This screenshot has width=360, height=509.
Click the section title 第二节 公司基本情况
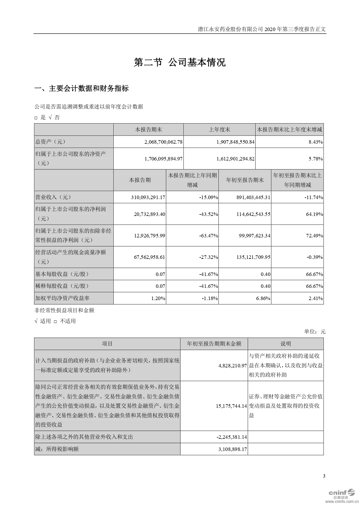click(180, 63)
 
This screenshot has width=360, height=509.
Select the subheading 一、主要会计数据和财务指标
click(82, 89)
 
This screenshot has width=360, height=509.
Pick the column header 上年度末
click(219, 130)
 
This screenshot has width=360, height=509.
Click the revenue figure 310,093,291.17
click(148, 197)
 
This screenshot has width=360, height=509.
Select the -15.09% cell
click(209, 197)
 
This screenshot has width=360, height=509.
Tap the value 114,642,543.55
click(253, 214)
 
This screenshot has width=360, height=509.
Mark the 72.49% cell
click(314, 236)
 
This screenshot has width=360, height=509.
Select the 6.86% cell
click(263, 298)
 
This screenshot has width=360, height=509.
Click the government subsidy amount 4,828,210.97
click(232, 366)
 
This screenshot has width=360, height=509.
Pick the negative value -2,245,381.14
click(232, 437)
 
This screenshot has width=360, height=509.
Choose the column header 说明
click(285, 344)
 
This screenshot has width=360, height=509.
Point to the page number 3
click(324, 476)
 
